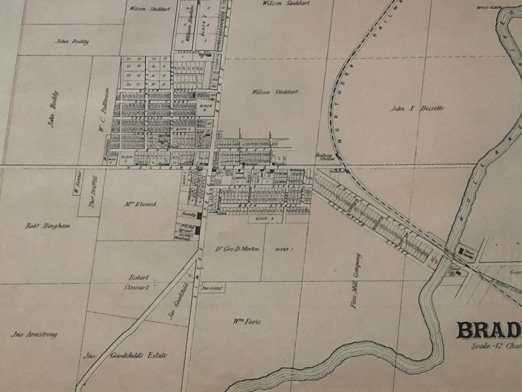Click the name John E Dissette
click(x=417, y=108)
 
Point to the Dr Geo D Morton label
click(x=237, y=249)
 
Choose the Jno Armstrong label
click(x=34, y=335)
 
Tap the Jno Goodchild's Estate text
click(x=125, y=355)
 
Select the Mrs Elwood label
click(x=141, y=203)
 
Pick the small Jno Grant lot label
click(x=212, y=288)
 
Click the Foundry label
click(x=187, y=215)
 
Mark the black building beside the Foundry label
click(x=200, y=216)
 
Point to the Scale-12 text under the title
click(x=496, y=347)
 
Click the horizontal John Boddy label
click(x=72, y=41)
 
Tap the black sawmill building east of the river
click(x=462, y=250)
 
